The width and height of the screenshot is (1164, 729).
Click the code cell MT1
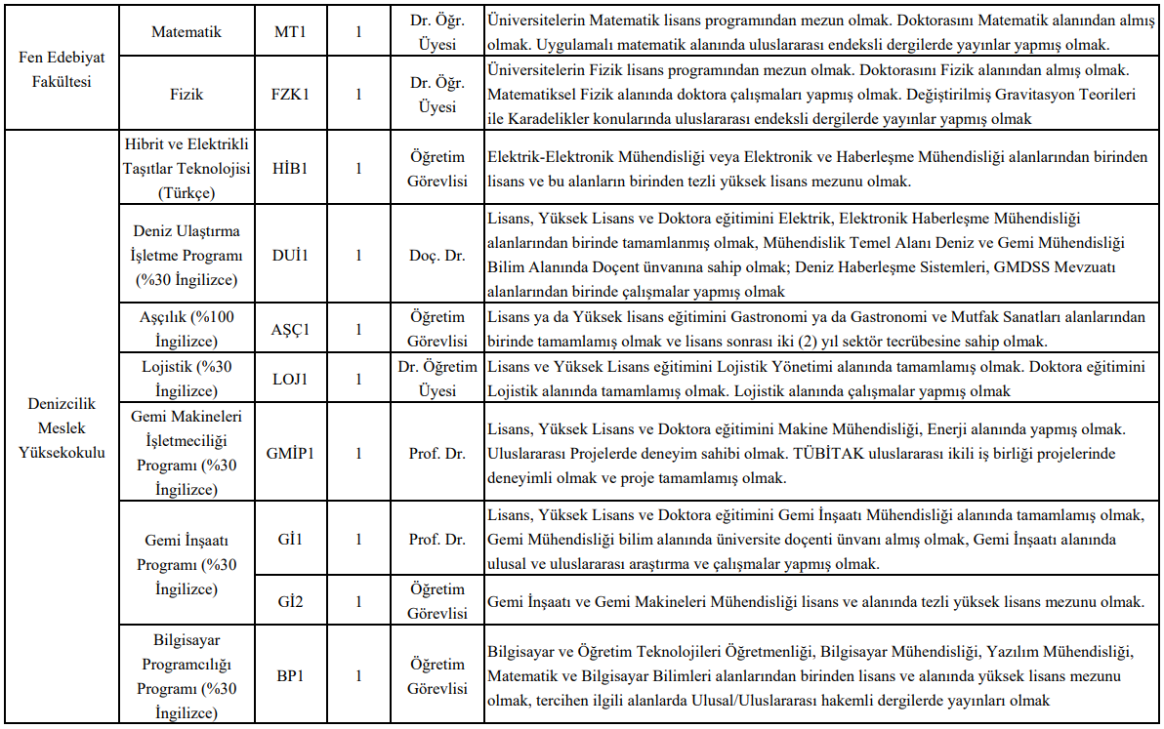click(x=290, y=32)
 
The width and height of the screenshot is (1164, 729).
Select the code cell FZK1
click(x=290, y=95)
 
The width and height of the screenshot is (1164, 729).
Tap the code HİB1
click(x=290, y=168)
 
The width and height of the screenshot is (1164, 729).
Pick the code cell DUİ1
click(x=290, y=256)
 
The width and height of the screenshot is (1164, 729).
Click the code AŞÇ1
click(x=290, y=329)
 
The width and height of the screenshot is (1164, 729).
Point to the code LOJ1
click(x=290, y=379)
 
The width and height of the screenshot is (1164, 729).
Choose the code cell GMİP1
click(x=290, y=453)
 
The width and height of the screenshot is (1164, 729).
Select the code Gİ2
click(x=290, y=601)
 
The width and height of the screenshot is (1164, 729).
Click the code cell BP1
click(x=290, y=675)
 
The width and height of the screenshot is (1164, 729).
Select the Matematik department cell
click(x=187, y=32)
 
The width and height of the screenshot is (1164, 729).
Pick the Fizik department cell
click(x=187, y=95)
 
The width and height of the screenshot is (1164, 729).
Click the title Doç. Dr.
click(x=437, y=256)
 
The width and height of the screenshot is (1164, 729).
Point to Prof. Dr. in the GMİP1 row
click(x=437, y=453)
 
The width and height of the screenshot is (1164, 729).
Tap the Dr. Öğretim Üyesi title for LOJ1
click(x=437, y=379)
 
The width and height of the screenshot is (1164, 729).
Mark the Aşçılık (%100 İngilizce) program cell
click(x=187, y=329)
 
